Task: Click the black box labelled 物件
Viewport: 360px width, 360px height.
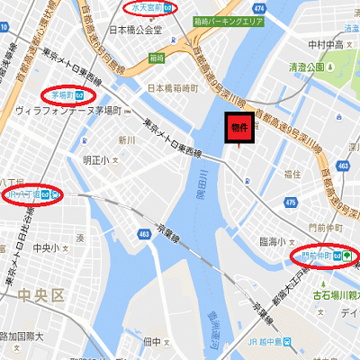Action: [240, 130]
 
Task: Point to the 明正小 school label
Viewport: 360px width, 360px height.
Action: [93, 159]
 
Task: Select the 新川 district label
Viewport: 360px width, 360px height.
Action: [126, 139]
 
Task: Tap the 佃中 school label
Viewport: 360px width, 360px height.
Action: [152, 342]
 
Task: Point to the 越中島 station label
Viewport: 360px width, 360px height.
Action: [267, 342]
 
